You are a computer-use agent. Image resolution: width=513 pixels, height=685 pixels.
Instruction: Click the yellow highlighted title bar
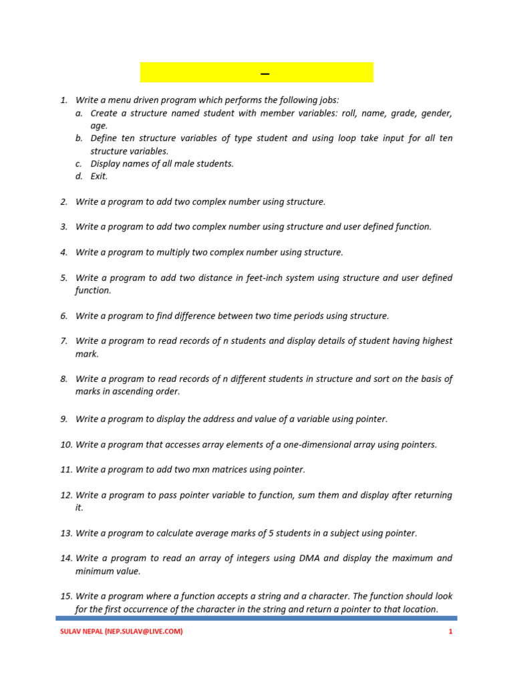pyautogui.click(x=256, y=72)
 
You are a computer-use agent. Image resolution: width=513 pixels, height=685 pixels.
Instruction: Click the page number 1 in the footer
pyautogui.click(x=450, y=631)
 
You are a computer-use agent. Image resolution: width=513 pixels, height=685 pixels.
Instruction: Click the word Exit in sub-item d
pyautogui.click(x=99, y=177)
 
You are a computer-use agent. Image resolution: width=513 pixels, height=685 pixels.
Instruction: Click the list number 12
pyautogui.click(x=66, y=495)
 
